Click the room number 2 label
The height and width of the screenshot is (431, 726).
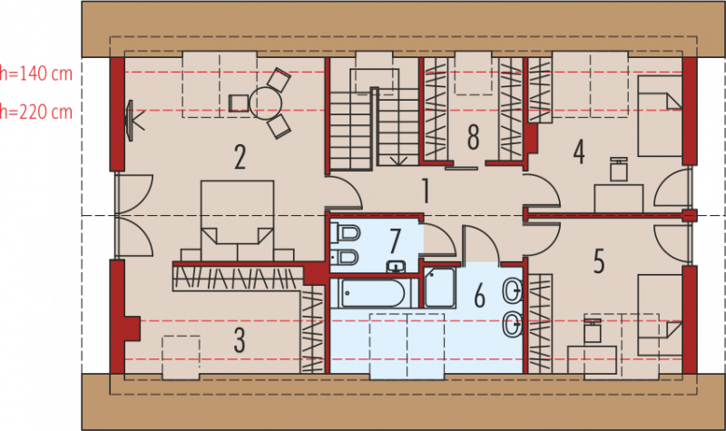[240, 156]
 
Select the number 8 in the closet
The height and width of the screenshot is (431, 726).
[473, 138]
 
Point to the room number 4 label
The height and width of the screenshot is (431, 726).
[579, 152]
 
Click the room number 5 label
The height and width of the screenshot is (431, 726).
[599, 260]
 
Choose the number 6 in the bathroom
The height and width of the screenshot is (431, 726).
[480, 296]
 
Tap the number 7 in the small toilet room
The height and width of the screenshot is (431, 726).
[395, 240]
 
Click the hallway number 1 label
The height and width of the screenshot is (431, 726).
[426, 191]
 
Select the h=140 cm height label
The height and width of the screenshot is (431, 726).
[36, 73]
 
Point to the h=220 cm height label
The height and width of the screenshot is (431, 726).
[36, 112]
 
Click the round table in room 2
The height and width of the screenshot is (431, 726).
[265, 103]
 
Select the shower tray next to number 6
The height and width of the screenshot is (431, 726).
[439, 288]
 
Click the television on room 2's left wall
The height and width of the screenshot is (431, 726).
[132, 121]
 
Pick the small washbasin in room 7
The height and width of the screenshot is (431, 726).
[396, 267]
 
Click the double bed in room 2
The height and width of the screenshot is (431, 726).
[237, 220]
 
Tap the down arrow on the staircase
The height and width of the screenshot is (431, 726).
[398, 161]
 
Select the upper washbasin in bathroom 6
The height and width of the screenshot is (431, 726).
[513, 290]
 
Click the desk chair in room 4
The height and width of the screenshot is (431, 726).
[619, 169]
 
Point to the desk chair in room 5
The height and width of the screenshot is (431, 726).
[593, 330]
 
